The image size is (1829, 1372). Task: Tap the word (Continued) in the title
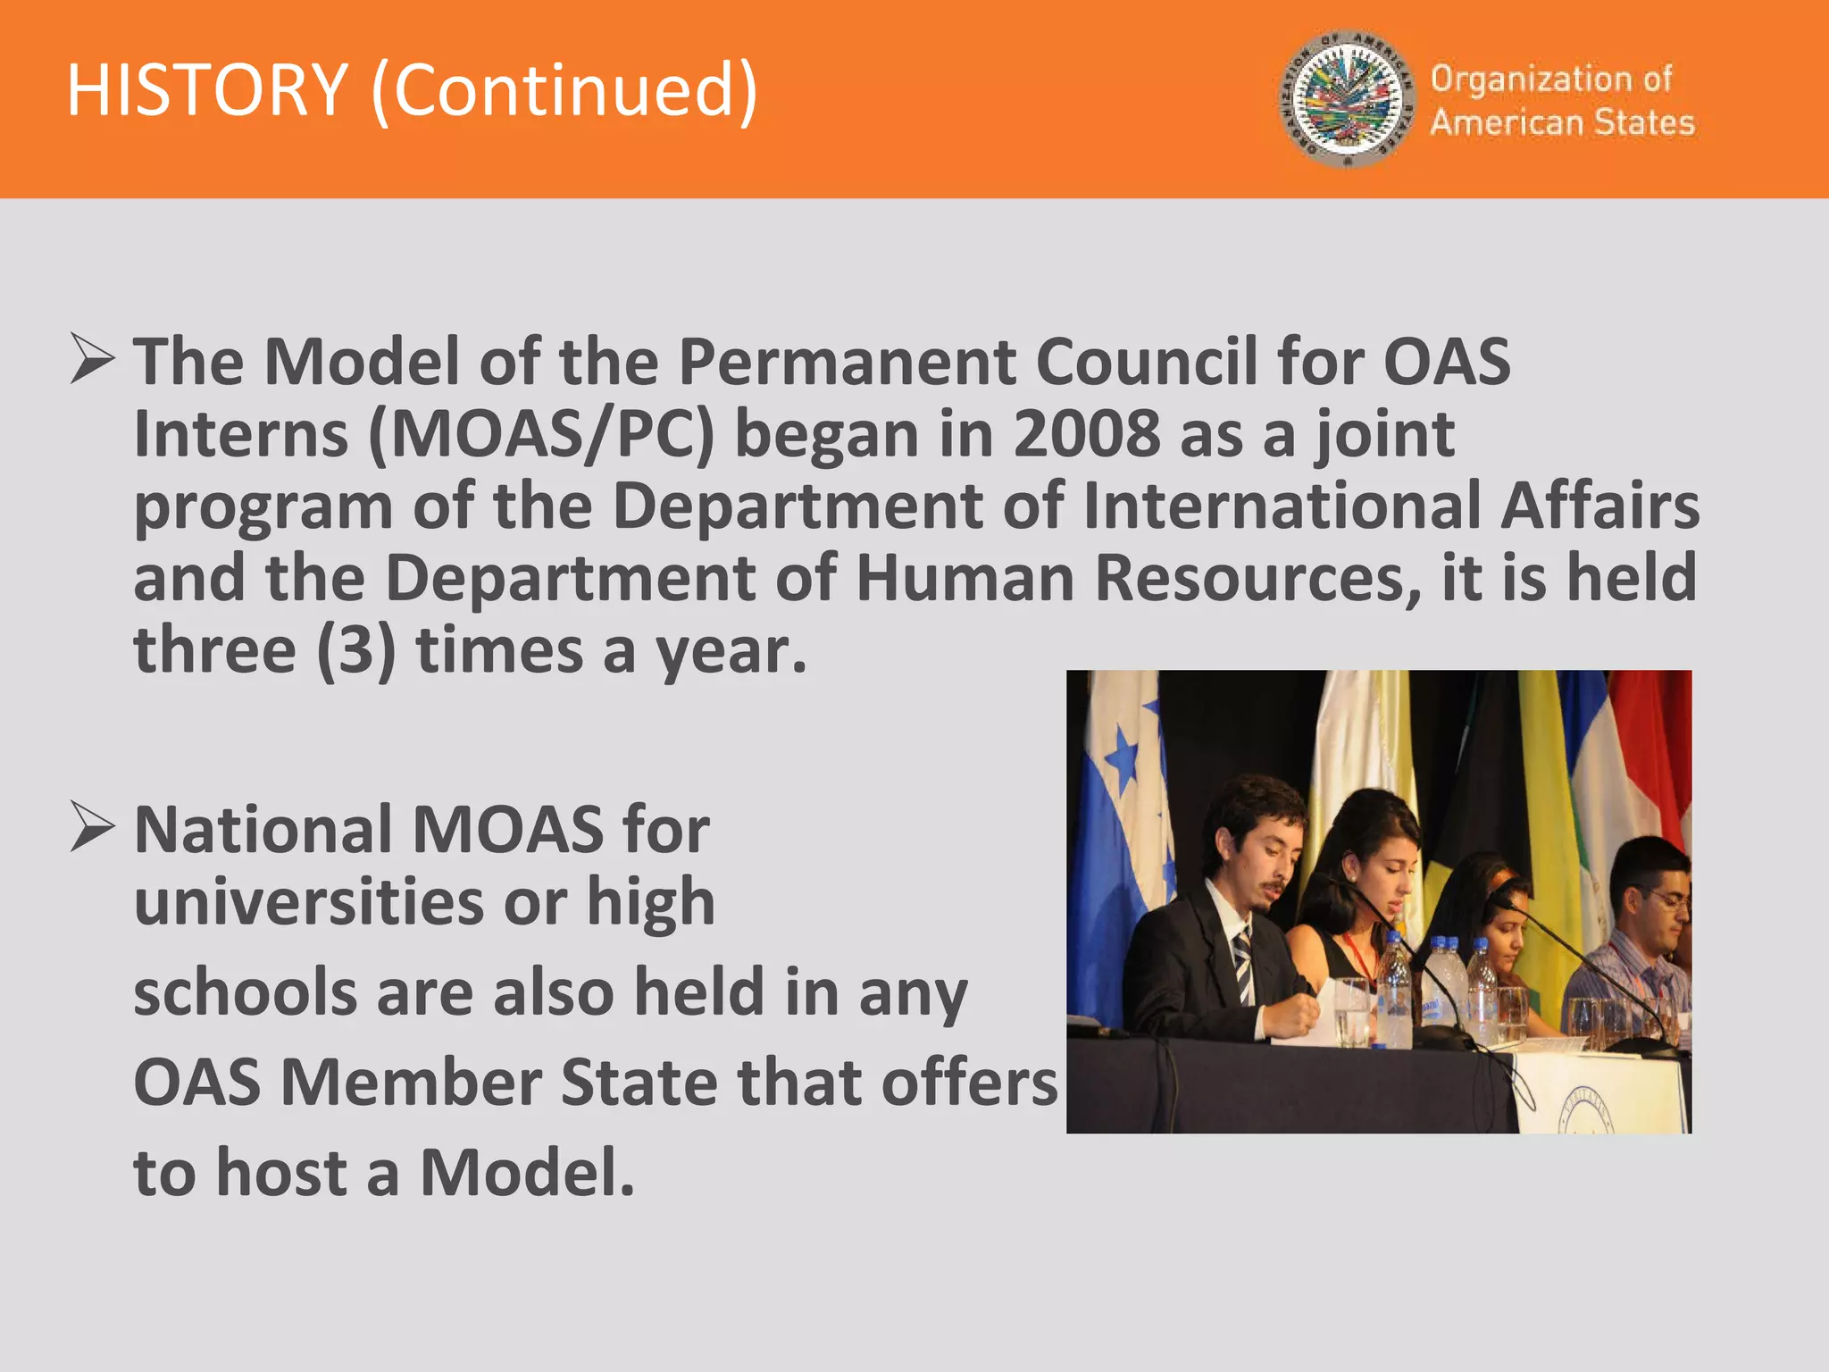click(x=564, y=91)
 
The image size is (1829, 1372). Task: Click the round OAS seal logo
click(x=1346, y=99)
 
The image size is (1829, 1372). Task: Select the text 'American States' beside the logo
click(x=1562, y=122)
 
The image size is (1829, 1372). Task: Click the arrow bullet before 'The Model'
click(x=92, y=360)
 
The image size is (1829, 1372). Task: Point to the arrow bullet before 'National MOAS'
click(x=92, y=826)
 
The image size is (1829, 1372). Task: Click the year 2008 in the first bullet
click(x=1086, y=434)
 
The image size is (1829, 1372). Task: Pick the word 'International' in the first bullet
click(x=1282, y=506)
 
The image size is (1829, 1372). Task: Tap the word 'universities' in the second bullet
click(x=309, y=901)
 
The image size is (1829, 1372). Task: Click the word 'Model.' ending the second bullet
click(x=527, y=1172)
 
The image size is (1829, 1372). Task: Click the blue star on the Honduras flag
click(x=1123, y=762)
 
